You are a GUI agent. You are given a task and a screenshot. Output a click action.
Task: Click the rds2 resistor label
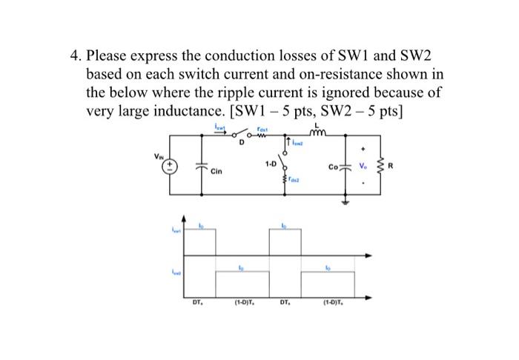coord(294,179)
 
